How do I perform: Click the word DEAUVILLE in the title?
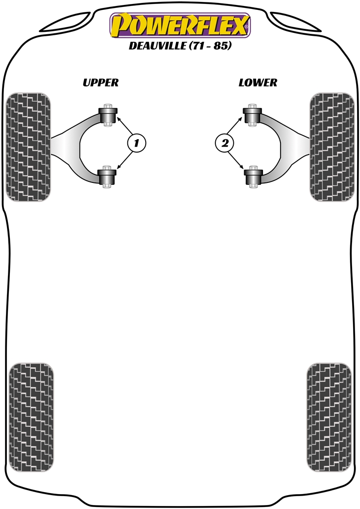158,45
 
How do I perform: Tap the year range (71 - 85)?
210,45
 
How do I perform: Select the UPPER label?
100,83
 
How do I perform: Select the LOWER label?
258,83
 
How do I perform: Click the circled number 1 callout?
137,143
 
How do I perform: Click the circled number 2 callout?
225,143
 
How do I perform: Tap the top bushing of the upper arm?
107,115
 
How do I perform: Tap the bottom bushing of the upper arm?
107,176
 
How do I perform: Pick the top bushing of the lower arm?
253,115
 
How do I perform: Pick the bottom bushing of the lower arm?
253,176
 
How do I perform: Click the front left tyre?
28,147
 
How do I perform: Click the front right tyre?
332,147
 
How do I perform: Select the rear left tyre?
31,418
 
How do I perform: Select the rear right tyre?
329,418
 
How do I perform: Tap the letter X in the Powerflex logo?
238,25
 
